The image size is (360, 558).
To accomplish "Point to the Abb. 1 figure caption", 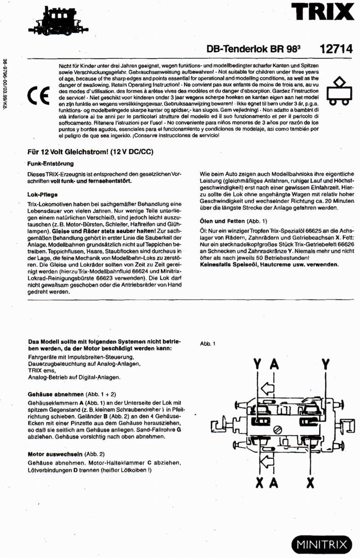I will point(207,344).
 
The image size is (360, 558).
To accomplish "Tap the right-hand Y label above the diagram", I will point(325,364).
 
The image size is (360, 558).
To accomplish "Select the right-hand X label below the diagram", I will point(310,483).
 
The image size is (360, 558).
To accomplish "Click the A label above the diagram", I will point(274,364).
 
